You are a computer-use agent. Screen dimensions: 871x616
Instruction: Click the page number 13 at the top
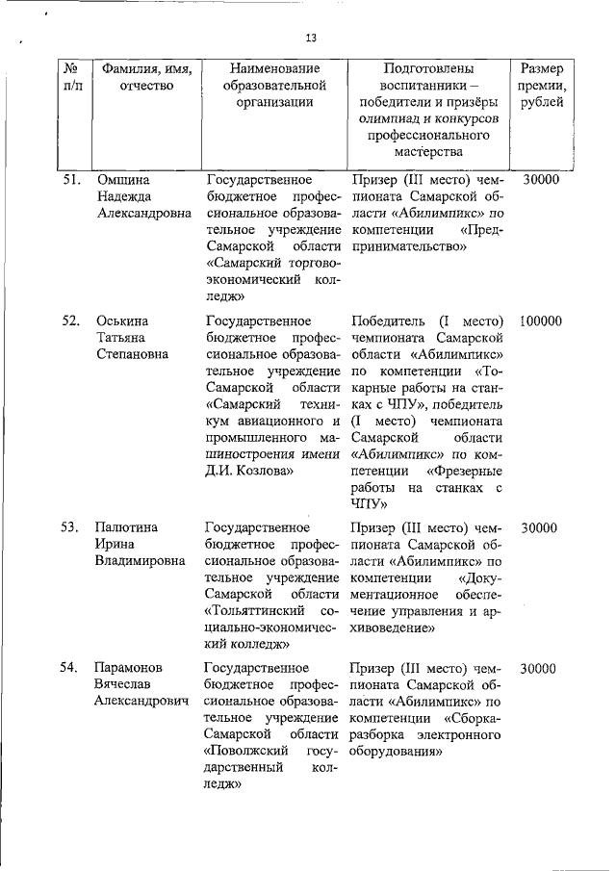click(x=310, y=38)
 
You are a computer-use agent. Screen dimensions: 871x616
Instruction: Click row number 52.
click(x=69, y=320)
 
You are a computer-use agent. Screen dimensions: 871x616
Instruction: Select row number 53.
click(x=69, y=527)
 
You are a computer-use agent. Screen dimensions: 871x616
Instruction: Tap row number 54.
click(x=69, y=668)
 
